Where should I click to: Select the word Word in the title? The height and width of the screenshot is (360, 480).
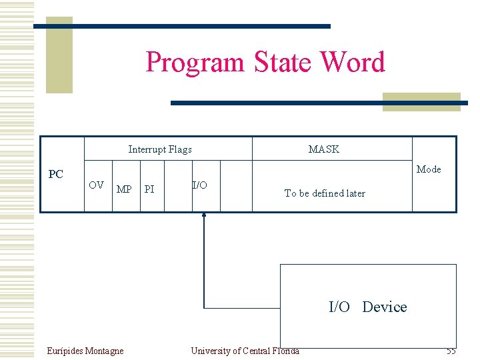click(x=353, y=63)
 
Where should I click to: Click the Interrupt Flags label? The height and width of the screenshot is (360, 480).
click(x=160, y=149)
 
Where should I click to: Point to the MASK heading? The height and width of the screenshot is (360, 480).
click(x=324, y=149)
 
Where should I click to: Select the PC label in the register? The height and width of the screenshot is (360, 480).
click(x=56, y=175)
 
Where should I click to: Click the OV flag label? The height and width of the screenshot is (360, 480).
click(x=97, y=185)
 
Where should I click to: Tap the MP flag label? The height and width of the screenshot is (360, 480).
click(x=124, y=189)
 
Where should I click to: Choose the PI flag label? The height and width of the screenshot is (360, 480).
click(x=149, y=189)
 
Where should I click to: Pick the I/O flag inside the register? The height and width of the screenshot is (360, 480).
click(x=199, y=185)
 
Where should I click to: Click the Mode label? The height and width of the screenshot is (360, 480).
click(x=429, y=169)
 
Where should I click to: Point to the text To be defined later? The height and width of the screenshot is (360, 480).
click(x=325, y=193)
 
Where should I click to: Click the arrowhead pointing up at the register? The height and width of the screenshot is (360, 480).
click(x=204, y=215)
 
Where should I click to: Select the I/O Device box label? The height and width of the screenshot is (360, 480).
click(x=367, y=307)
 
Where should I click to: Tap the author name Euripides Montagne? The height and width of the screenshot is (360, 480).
click(x=85, y=351)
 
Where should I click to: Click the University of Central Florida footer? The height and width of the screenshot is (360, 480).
click(x=245, y=351)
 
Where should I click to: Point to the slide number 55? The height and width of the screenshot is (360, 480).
click(x=451, y=351)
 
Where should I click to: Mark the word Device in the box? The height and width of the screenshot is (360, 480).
click(x=385, y=307)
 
